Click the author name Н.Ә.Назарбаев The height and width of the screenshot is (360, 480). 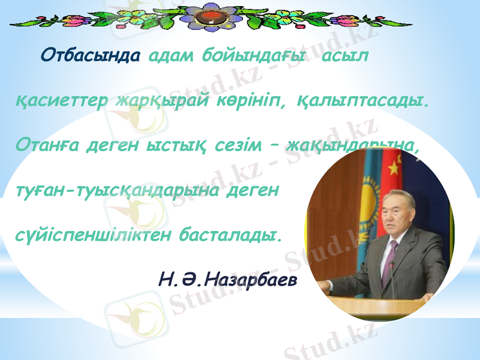click(x=227, y=278)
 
